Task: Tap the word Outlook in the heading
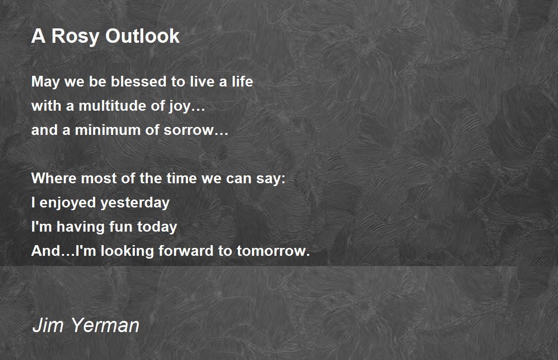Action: coord(142,36)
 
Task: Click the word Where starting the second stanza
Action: coord(53,178)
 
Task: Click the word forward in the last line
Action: coord(186,251)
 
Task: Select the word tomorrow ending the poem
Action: coord(271,251)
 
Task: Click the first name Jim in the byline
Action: coord(48,325)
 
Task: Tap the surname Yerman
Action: coord(105,325)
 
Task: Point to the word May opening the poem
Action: coord(46,82)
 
